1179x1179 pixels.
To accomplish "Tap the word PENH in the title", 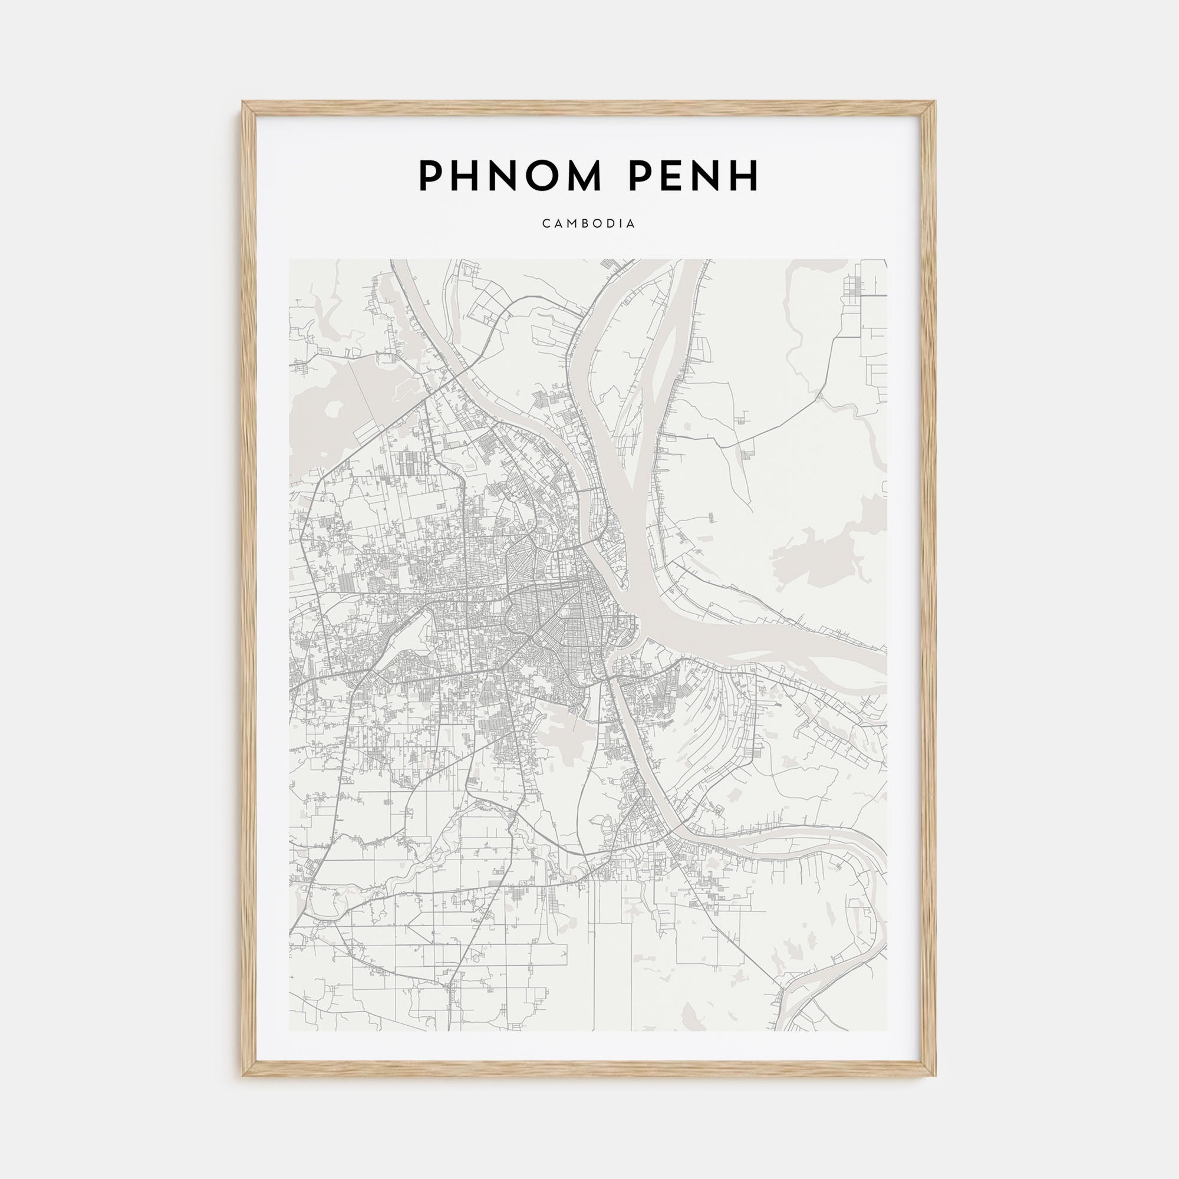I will [693, 176].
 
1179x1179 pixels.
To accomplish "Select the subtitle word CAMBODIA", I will [589, 224].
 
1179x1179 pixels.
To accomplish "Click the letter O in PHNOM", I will [531, 176].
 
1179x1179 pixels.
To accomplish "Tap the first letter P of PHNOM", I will [431, 176].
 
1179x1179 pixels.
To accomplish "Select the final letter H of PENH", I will [745, 176].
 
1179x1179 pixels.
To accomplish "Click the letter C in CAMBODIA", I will [545, 224].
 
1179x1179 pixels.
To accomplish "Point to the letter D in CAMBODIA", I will [609, 224].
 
